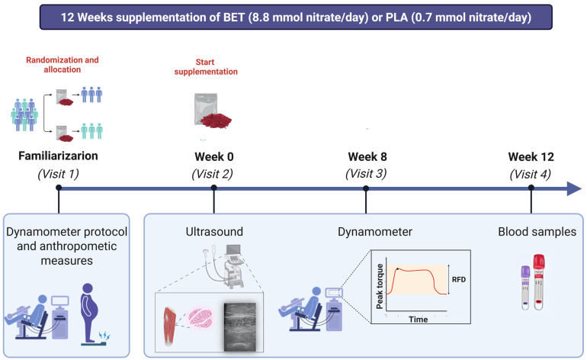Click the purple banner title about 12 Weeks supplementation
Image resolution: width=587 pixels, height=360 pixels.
(296, 18)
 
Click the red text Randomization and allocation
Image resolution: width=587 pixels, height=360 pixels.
(63, 64)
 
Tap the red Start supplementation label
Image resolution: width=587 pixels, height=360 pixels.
(206, 66)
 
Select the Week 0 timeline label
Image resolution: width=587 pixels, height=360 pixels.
(214, 156)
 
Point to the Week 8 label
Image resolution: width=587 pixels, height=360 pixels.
(367, 156)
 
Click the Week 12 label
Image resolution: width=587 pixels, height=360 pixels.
(531, 156)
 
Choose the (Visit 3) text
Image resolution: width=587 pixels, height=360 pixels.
(366, 174)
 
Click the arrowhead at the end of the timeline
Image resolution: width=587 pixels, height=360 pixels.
(574, 188)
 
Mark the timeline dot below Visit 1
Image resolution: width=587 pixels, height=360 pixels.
(59, 188)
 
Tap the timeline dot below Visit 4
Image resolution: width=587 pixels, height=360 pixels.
(531, 188)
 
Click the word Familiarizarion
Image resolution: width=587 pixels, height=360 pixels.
(58, 156)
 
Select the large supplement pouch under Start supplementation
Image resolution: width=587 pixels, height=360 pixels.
(212, 111)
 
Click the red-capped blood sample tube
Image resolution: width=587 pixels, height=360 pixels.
(539, 282)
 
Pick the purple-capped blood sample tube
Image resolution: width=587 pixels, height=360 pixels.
(525, 288)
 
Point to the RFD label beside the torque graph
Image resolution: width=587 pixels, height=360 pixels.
(459, 279)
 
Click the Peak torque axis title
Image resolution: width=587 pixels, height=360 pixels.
(380, 286)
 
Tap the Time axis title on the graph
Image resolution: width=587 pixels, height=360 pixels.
(419, 319)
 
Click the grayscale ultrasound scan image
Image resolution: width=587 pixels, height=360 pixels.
(239, 326)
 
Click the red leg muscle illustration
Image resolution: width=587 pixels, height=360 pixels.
(169, 326)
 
